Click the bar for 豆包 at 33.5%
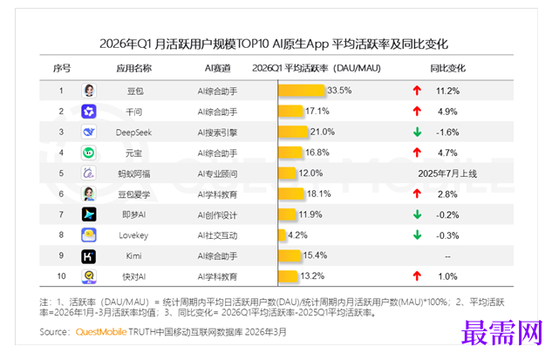point(301,91)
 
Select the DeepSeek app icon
point(89,132)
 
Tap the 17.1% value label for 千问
point(317,112)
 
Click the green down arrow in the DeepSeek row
point(417,132)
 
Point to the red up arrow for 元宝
point(417,153)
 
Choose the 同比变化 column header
point(447,68)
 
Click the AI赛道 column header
point(217,68)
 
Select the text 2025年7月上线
point(447,173)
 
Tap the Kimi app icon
point(89,256)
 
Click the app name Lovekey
point(133,235)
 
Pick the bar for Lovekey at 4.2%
point(282,235)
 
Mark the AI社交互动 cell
point(217,235)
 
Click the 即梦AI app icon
point(89,214)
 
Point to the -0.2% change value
point(447,215)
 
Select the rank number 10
point(61,276)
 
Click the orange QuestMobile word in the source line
point(101,332)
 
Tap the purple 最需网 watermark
point(502,333)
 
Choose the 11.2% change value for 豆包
point(447,91)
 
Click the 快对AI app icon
point(89,276)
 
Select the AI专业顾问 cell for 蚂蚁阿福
point(217,174)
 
